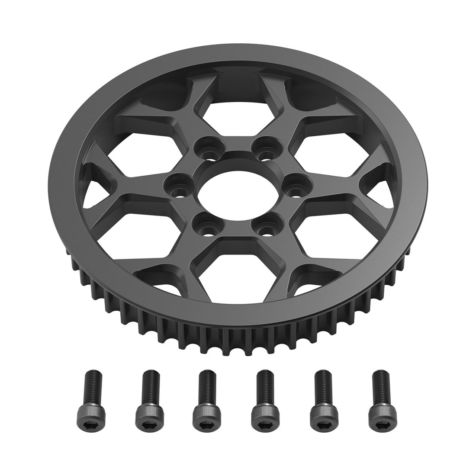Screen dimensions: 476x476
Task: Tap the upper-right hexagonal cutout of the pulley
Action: point(318,143)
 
